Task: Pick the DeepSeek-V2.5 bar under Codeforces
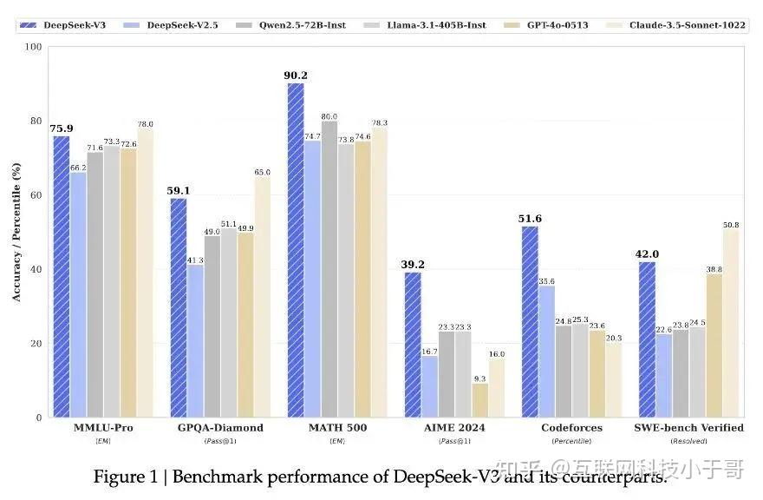pos(546,352)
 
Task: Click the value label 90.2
pos(296,76)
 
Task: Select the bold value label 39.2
pos(413,265)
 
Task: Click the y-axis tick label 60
pos(36,195)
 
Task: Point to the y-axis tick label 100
pos(33,47)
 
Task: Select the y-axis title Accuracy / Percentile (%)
pos(16,233)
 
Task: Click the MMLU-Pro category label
pos(104,428)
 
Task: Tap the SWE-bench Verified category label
pos(689,428)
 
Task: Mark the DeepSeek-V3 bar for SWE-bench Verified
pos(647,339)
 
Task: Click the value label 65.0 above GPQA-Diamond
pos(263,172)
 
